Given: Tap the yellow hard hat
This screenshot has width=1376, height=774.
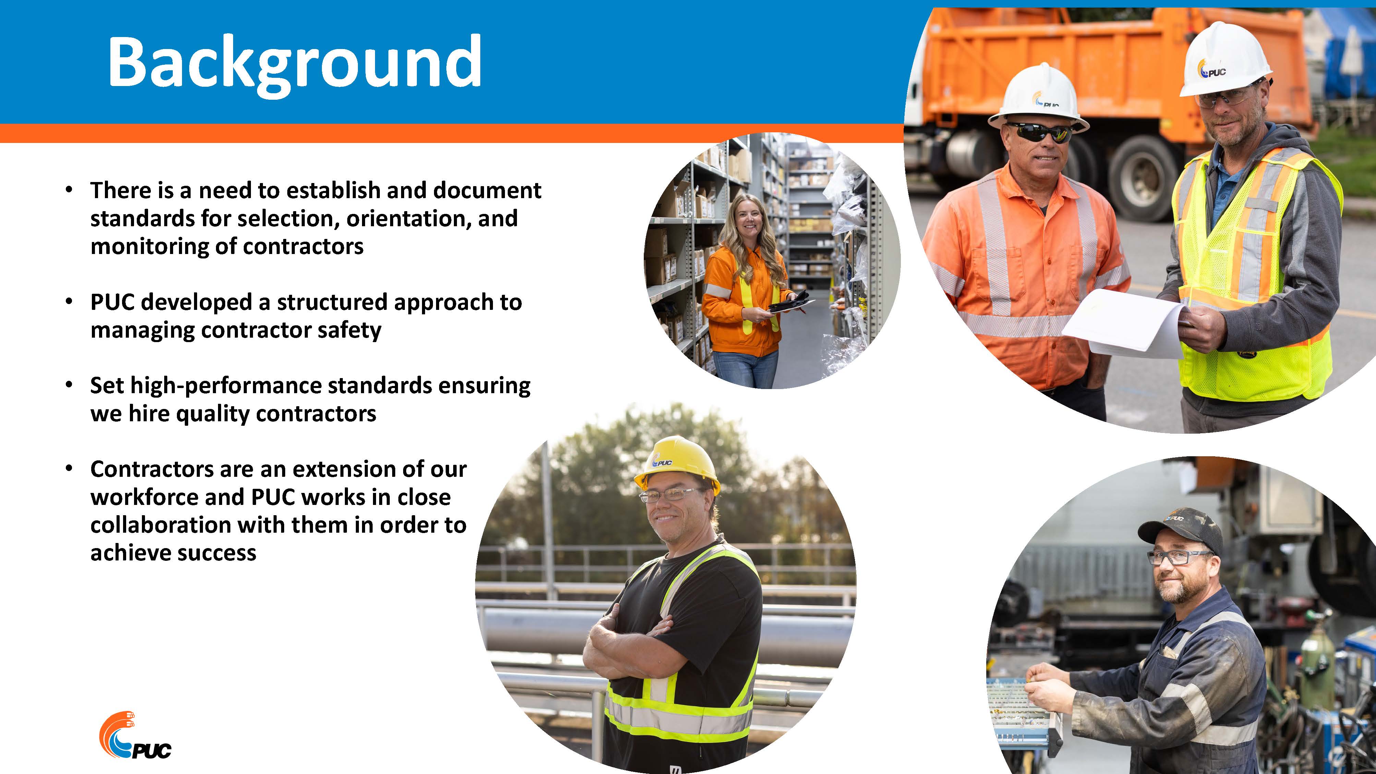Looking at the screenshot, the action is pyautogui.click(x=676, y=464).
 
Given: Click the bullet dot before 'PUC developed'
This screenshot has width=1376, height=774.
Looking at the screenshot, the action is pyautogui.click(x=68, y=302).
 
